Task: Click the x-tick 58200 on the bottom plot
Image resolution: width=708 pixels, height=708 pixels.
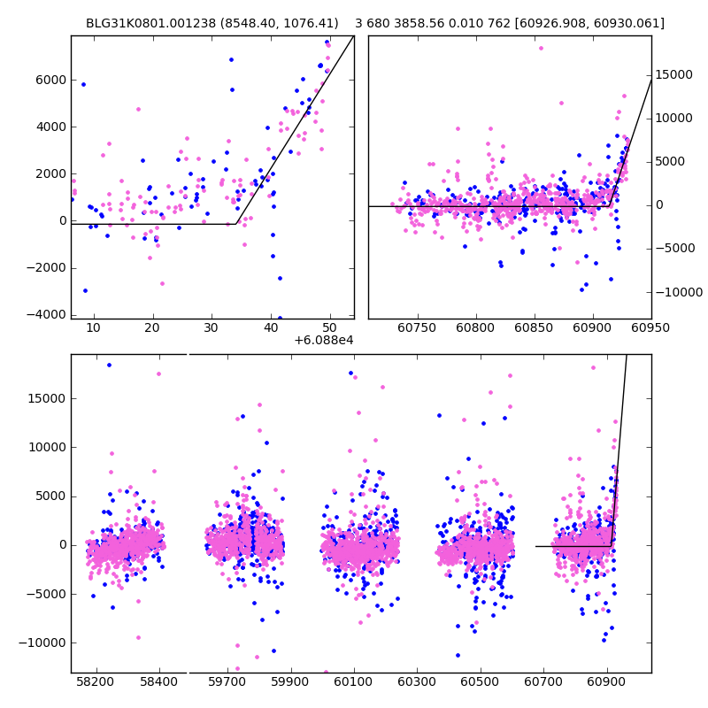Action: point(96,682)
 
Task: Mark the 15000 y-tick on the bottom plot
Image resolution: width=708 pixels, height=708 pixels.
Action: point(46,398)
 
